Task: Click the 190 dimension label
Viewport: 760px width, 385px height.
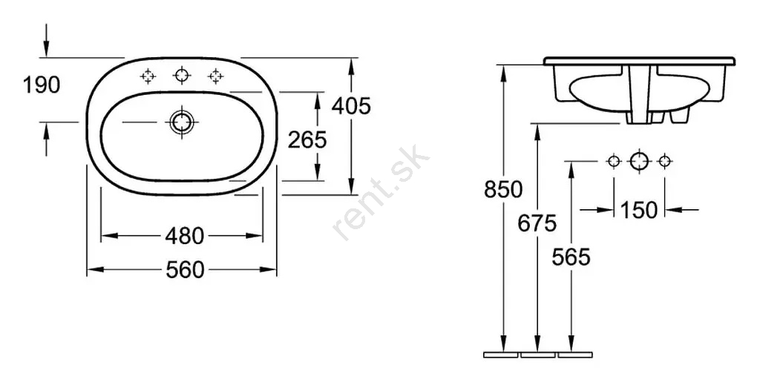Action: click(x=42, y=85)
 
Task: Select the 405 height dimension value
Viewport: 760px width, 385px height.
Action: click(x=351, y=105)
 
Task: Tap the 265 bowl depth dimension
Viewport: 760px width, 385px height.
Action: click(x=307, y=140)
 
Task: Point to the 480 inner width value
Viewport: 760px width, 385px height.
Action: click(x=185, y=237)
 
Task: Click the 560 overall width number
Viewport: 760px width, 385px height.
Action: click(x=185, y=270)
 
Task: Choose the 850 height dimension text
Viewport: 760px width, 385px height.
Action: click(x=504, y=189)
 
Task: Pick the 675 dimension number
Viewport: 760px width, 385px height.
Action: click(x=537, y=223)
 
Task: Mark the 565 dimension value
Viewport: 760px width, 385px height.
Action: click(x=571, y=257)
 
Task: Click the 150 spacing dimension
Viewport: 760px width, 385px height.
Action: click(x=639, y=210)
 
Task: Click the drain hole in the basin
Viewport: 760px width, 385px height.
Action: click(x=182, y=122)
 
